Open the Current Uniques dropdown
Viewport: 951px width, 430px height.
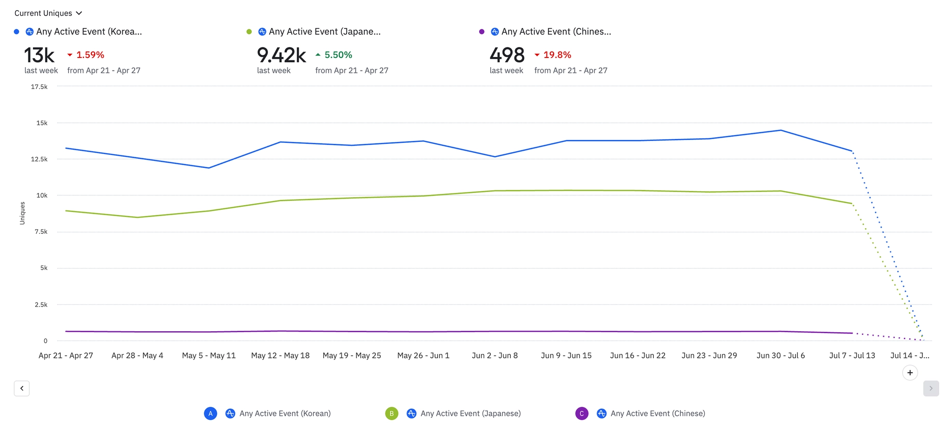click(48, 13)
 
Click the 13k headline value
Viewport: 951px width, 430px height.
click(39, 55)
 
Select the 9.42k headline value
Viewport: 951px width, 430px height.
click(281, 55)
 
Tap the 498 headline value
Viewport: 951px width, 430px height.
click(507, 55)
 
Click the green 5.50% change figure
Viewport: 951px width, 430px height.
click(338, 55)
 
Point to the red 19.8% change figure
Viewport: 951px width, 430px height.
click(557, 55)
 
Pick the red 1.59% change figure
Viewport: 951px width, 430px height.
click(90, 55)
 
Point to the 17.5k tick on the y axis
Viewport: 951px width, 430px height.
click(39, 87)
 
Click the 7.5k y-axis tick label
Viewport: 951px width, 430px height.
click(41, 231)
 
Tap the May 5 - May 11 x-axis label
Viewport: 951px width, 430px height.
click(209, 355)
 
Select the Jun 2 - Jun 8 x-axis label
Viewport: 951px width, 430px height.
click(495, 355)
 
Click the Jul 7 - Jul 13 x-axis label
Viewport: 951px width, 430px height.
click(852, 355)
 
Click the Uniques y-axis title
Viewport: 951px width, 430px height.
click(22, 213)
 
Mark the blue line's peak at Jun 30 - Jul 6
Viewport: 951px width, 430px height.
click(781, 130)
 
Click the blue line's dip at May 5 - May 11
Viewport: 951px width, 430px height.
click(209, 168)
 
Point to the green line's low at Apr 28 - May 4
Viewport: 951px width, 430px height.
click(137, 217)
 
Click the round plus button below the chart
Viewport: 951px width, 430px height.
click(910, 372)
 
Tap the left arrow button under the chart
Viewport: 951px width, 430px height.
click(22, 388)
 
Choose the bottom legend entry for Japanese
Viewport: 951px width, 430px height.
click(470, 413)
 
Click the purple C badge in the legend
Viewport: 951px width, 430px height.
click(581, 413)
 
